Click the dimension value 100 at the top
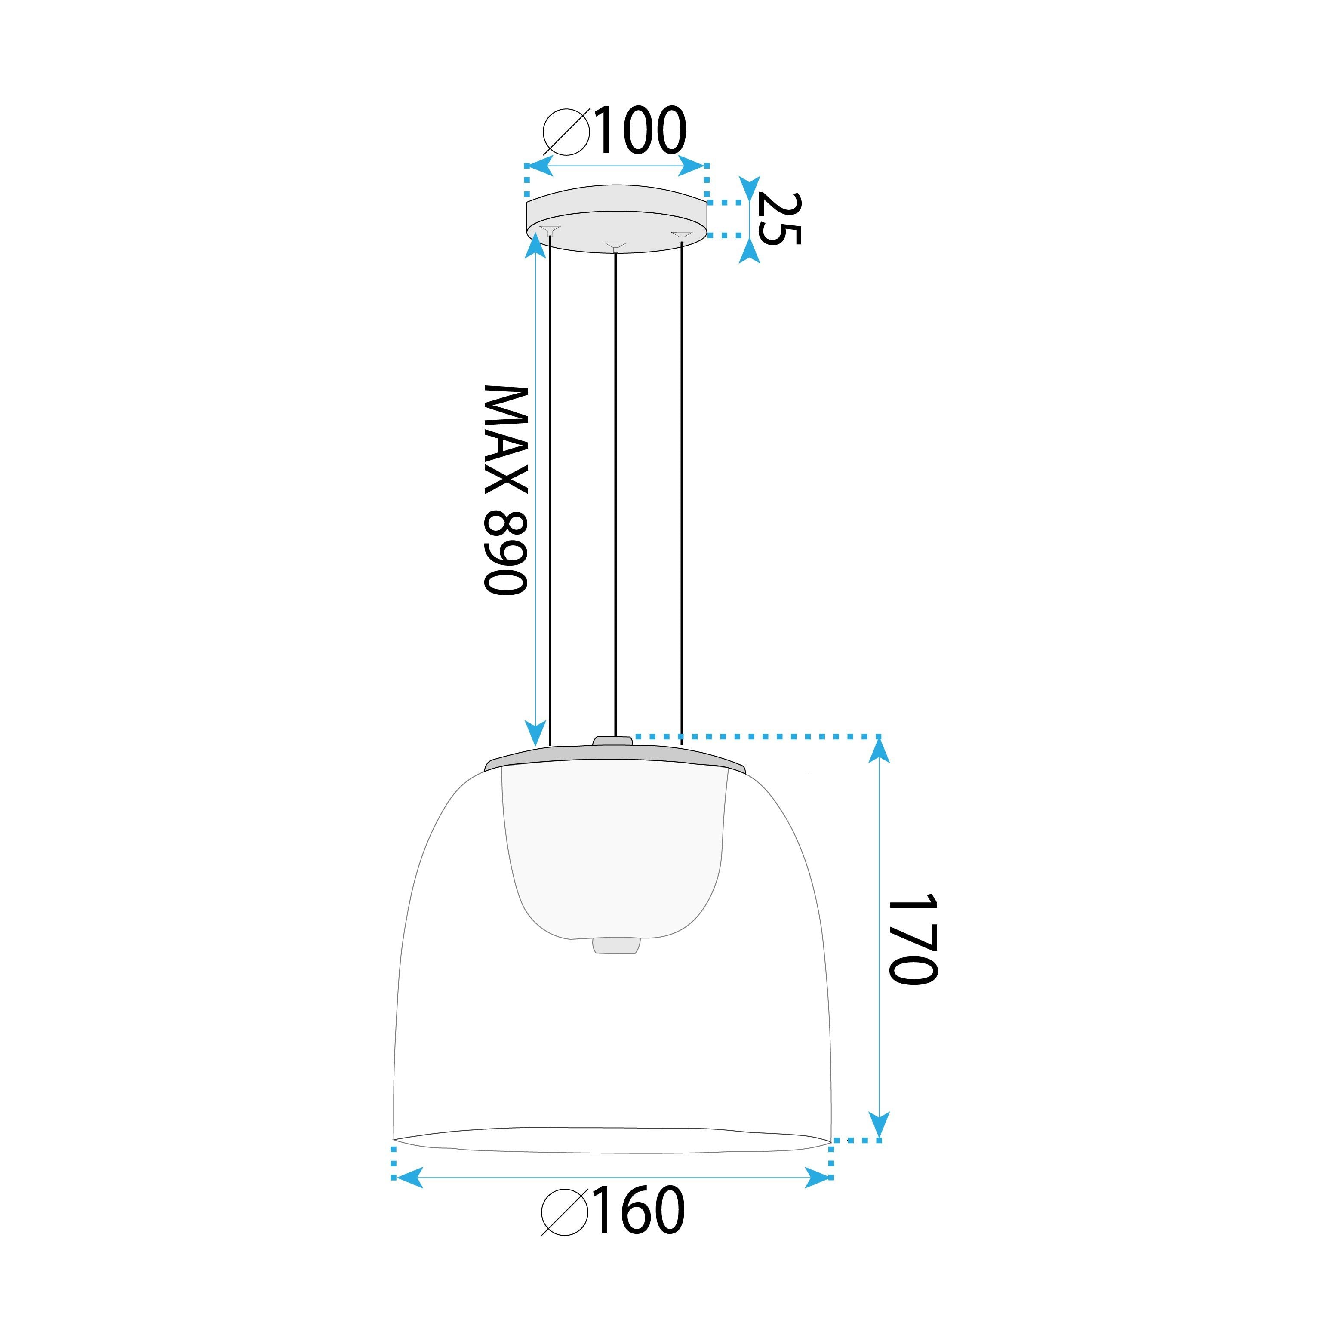pyautogui.click(x=639, y=131)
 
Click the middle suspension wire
pyautogui.click(x=615, y=487)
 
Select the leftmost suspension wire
pyautogui.click(x=550, y=487)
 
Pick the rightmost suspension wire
pyautogui.click(x=682, y=487)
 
